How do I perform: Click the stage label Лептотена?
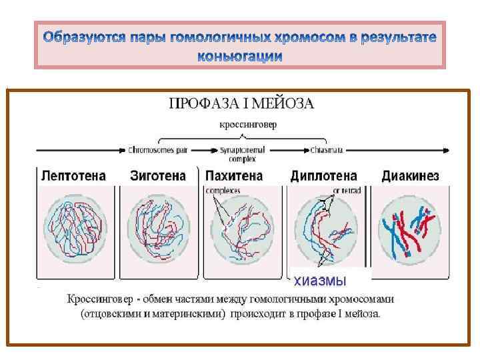[x=73, y=176]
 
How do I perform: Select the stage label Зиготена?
[x=157, y=176]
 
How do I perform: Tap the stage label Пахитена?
[x=234, y=176]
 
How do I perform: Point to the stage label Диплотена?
[x=323, y=176]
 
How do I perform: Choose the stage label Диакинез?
[x=410, y=176]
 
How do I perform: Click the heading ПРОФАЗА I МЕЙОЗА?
[x=241, y=103]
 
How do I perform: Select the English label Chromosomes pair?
[x=157, y=151]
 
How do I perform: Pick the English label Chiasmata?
[x=327, y=151]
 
